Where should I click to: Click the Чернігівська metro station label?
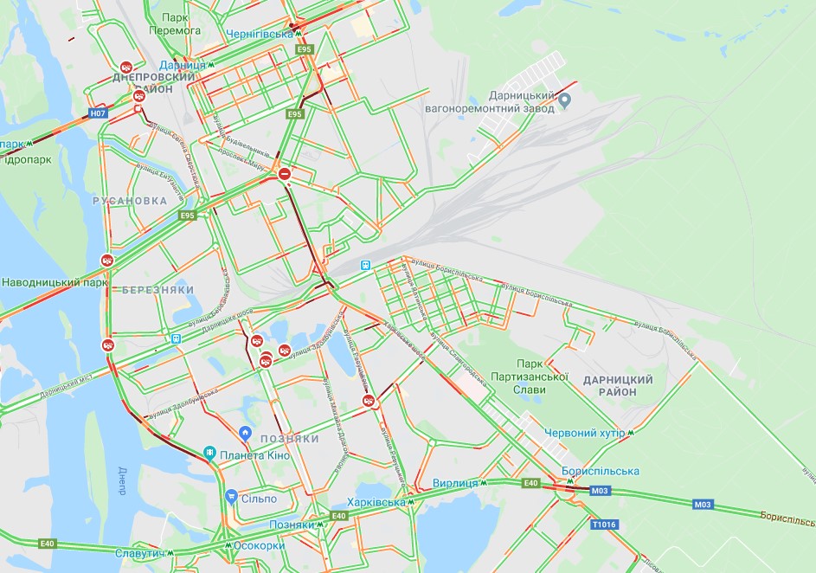click(x=260, y=34)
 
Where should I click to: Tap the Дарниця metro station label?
click(x=183, y=65)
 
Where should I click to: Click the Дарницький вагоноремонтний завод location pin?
click(x=565, y=101)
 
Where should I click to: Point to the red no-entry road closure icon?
click(x=285, y=174)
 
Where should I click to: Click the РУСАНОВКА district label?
click(x=129, y=200)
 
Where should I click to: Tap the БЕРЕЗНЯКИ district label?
click(x=158, y=289)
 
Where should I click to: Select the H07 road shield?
click(x=99, y=113)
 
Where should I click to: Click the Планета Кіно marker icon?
click(x=209, y=453)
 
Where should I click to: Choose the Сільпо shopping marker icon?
click(x=231, y=497)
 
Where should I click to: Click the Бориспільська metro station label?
click(x=600, y=471)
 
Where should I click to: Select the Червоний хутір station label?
click(x=584, y=433)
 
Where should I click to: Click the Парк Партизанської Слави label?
click(x=543, y=377)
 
